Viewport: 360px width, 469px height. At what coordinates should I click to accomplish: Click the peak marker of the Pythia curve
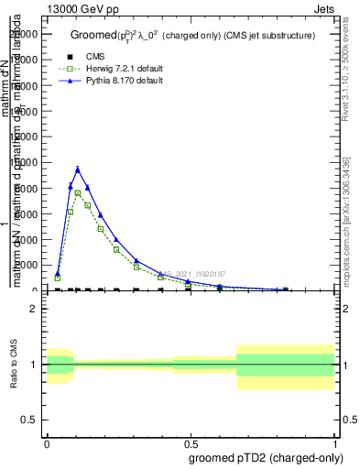[x=78, y=169]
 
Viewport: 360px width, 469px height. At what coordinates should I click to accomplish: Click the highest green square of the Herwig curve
[x=78, y=192]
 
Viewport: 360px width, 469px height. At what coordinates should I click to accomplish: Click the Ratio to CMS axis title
[x=16, y=365]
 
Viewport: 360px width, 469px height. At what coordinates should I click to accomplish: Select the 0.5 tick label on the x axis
[x=191, y=441]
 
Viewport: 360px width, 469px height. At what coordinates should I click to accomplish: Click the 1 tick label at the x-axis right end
[x=335, y=441]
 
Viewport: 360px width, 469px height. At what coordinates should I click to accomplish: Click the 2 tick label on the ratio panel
[x=33, y=309]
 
